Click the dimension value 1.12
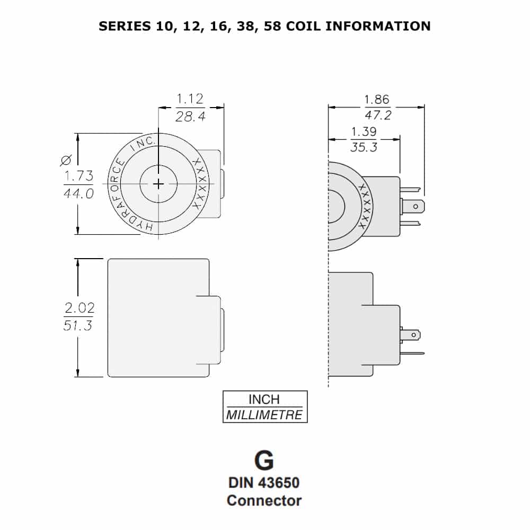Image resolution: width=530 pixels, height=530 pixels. [x=190, y=99]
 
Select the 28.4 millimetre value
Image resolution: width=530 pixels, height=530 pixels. [x=190, y=117]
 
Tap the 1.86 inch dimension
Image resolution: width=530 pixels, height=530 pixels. [x=376, y=99]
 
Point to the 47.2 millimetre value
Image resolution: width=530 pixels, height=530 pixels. [x=377, y=115]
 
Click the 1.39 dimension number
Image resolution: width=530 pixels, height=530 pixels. [x=364, y=131]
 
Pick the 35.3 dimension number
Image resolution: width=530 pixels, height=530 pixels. [x=364, y=147]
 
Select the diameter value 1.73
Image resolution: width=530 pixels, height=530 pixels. [x=78, y=176]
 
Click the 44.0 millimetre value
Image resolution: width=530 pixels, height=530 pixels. [x=78, y=193]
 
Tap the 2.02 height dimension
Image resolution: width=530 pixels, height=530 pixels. [x=78, y=307]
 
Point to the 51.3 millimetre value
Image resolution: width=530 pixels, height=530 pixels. [x=78, y=325]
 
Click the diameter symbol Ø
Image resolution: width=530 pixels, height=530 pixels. [x=66, y=159]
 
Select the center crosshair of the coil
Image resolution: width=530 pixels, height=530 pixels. [x=158, y=183]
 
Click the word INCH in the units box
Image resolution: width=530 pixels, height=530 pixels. [x=264, y=399]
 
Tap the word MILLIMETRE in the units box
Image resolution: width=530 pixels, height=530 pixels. [x=264, y=414]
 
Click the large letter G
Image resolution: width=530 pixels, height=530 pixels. [x=264, y=461]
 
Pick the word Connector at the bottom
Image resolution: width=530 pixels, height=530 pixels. [x=264, y=500]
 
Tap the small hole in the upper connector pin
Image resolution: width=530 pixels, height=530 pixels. [x=416, y=206]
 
